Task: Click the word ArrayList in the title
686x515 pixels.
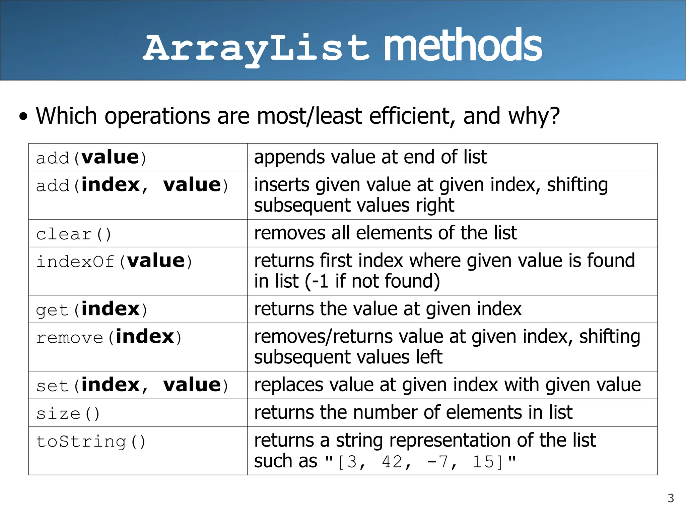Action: pos(256,49)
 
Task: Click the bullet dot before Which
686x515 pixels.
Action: pos(23,117)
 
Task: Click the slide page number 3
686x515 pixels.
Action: pos(671,498)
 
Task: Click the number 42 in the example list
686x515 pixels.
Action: pos(392,462)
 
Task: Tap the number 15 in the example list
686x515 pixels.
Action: pos(483,462)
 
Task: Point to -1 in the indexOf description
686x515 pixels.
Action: pos(320,281)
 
